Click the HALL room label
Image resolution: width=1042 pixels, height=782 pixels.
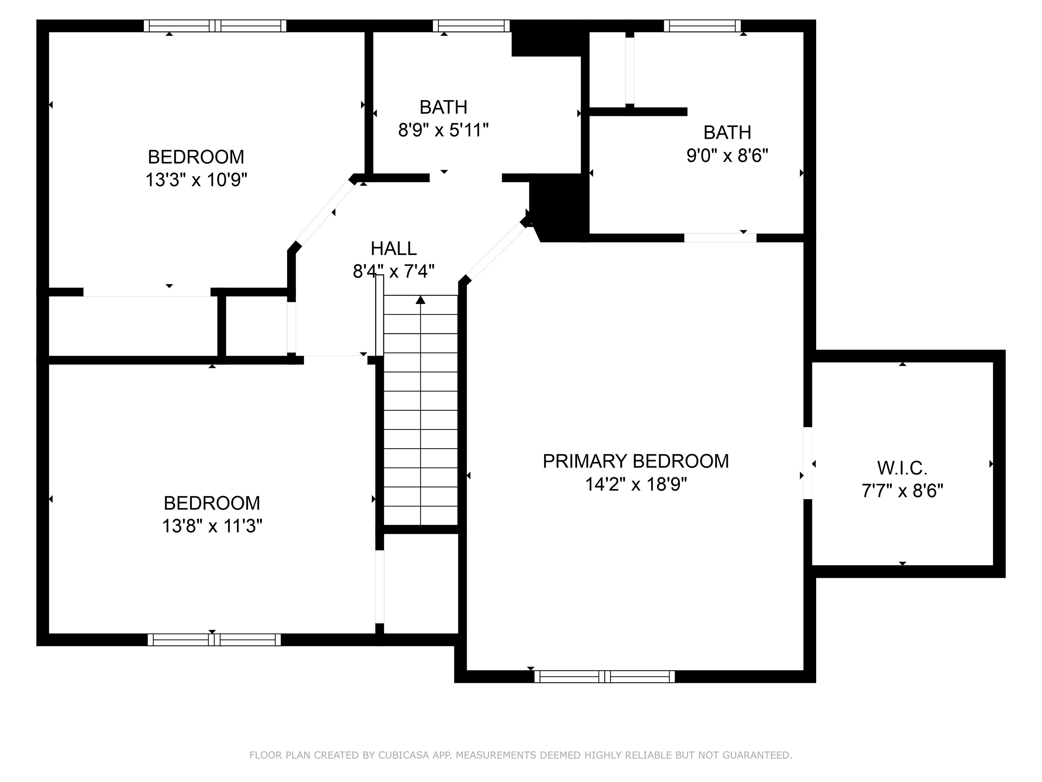[x=393, y=248]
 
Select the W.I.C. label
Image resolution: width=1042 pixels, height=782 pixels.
[x=902, y=468]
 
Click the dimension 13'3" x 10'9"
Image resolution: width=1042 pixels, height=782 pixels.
[x=196, y=180]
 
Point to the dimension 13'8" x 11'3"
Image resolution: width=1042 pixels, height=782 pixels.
[x=212, y=525]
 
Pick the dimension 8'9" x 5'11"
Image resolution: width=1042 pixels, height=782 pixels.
[x=443, y=130]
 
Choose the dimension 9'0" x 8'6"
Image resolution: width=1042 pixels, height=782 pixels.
[x=727, y=155]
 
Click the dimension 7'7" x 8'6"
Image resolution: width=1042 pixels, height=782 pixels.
[x=902, y=491]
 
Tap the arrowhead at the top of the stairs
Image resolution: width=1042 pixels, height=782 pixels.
[x=421, y=300]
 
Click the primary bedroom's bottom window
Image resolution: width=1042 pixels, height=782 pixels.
[x=604, y=676]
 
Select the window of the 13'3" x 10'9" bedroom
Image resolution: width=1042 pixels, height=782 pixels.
[x=215, y=26]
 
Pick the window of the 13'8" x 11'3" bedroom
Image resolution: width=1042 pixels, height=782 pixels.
[x=214, y=640]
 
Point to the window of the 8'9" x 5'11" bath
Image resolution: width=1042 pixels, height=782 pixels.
[x=471, y=26]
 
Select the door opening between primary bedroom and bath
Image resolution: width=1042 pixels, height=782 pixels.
[x=720, y=238]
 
